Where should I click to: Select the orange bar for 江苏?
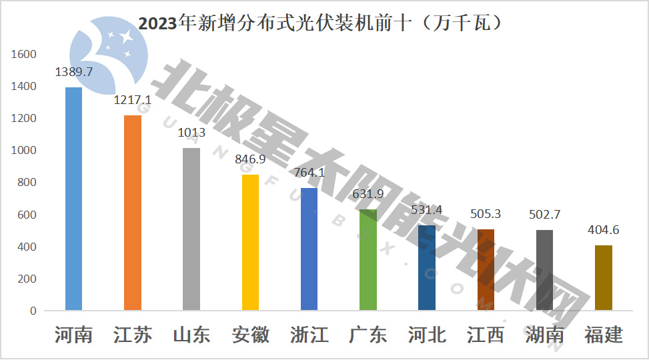pyautogui.click(x=132, y=213)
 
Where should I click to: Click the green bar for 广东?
pyautogui.click(x=368, y=259)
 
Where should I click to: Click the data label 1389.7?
pyautogui.click(x=73, y=71)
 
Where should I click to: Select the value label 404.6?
pyautogui.click(x=604, y=230)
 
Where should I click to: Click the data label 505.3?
pyautogui.click(x=486, y=214)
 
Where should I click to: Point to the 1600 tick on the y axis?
pyautogui.click(x=24, y=55)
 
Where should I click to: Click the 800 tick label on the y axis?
pyautogui.click(x=27, y=183)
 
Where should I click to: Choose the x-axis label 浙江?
pyautogui.click(x=309, y=334)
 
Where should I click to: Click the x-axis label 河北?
pyautogui.click(x=427, y=334)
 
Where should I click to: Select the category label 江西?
pyautogui.click(x=486, y=334)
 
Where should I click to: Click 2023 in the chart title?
pyautogui.click(x=154, y=24)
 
